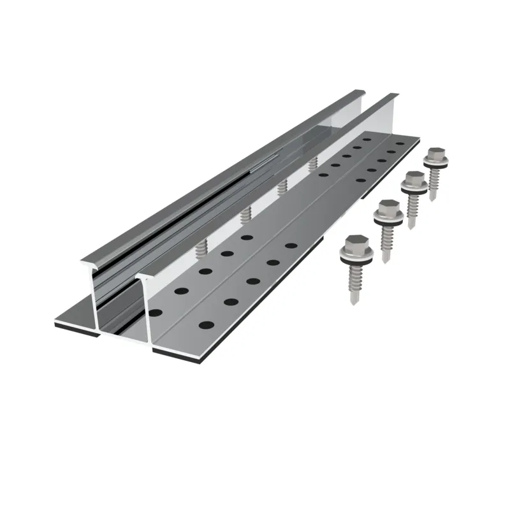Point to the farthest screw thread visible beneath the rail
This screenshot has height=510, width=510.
[313, 164]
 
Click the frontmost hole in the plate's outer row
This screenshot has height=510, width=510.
[206, 325]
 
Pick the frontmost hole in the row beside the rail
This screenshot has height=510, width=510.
[155, 311]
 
